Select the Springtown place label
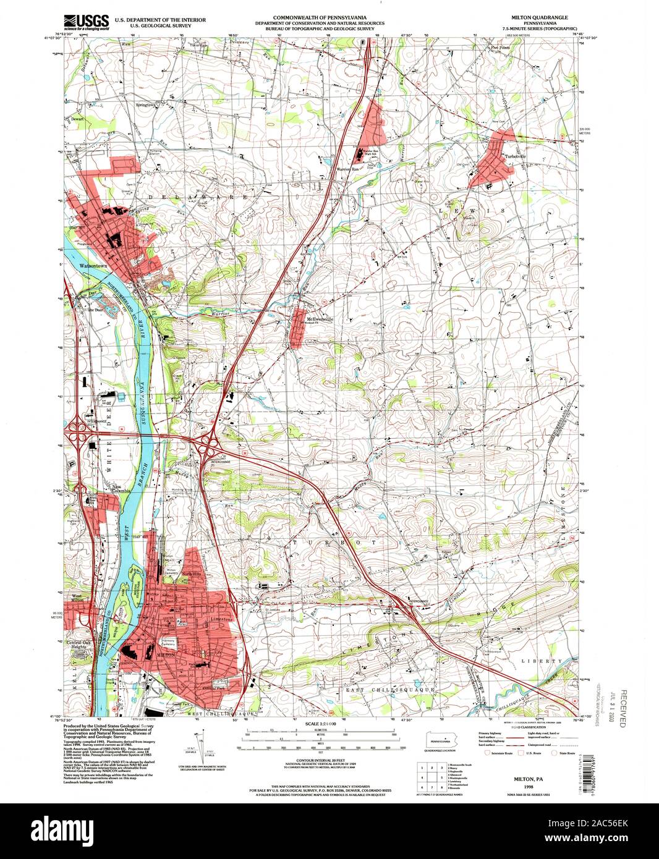(x=147, y=105)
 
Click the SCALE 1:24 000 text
(x=321, y=723)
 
